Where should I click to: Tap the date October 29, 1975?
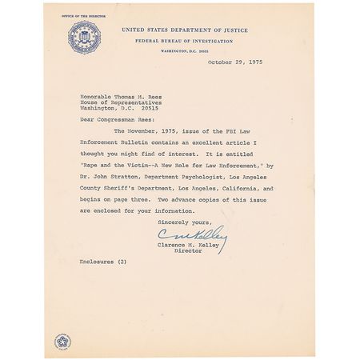(234, 61)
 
